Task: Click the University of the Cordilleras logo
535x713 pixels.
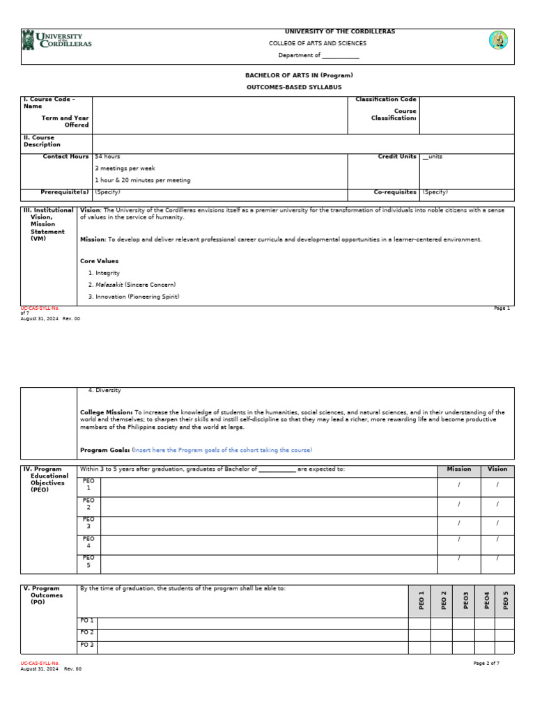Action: (57, 40)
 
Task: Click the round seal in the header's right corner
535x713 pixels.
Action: (498, 40)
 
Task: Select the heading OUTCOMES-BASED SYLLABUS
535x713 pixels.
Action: (294, 87)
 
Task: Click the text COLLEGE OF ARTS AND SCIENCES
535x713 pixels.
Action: (318, 43)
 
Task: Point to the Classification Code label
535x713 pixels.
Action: (386, 100)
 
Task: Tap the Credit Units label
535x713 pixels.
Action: (397, 157)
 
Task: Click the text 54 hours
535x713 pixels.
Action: (107, 157)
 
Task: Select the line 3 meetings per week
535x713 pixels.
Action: (125, 169)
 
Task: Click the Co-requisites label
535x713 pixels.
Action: (395, 191)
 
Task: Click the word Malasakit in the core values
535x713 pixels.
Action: (109, 285)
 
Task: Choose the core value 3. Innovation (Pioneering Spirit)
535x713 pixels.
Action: (134, 297)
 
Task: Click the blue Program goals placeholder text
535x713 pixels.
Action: (222, 450)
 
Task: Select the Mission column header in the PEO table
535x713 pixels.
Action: (458, 469)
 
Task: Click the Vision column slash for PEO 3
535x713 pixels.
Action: (497, 523)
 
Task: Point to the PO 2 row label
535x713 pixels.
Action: (87, 633)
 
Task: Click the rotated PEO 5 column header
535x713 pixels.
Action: (505, 600)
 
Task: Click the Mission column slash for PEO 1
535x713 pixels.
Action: (458, 485)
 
